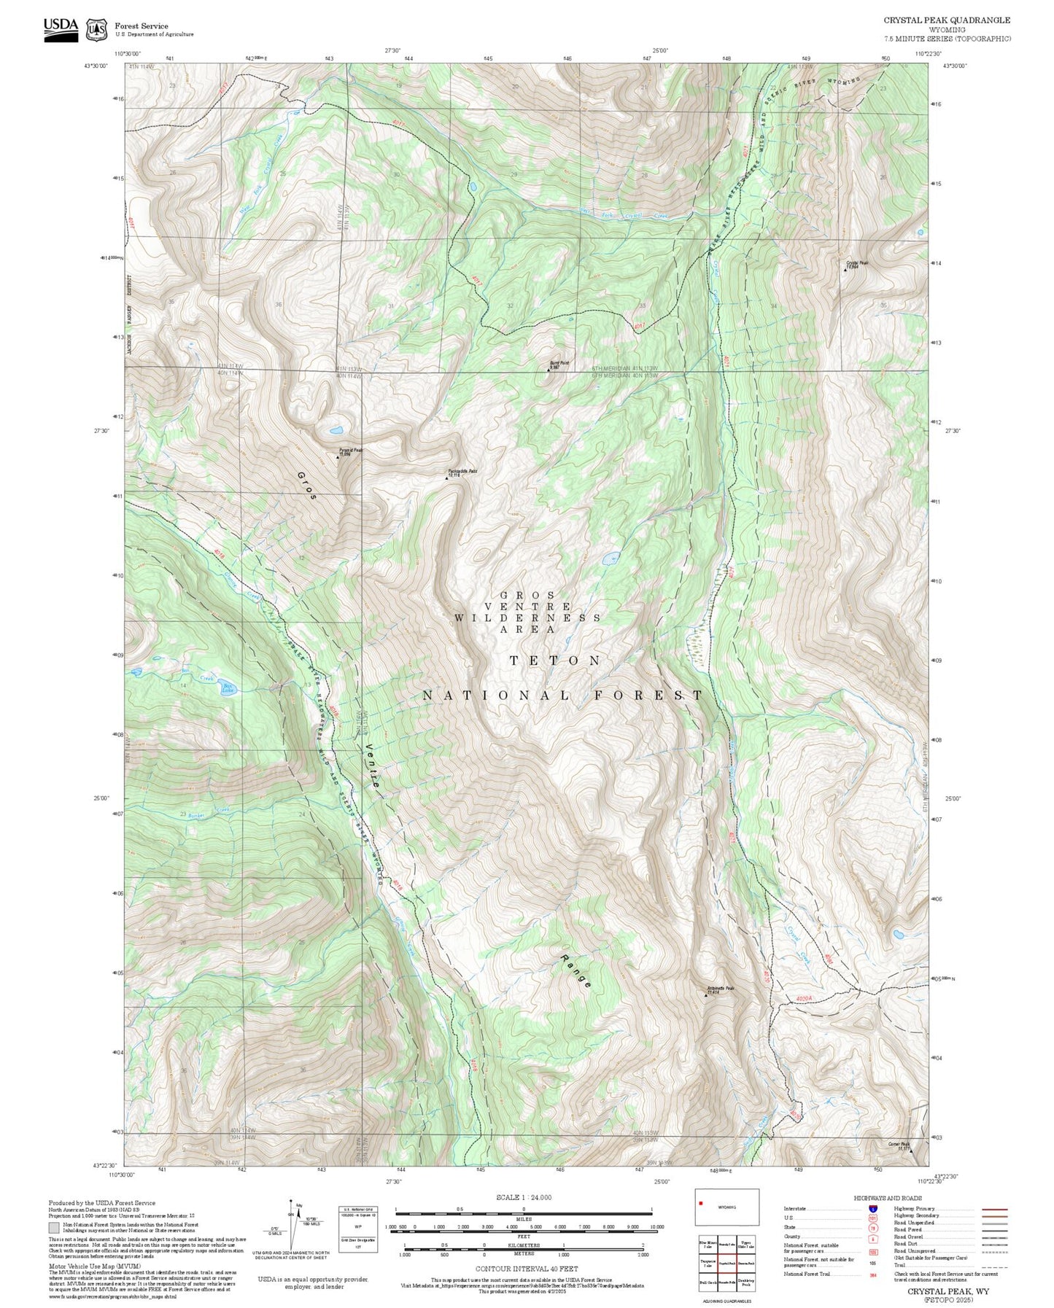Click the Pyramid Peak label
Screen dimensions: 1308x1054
(x=350, y=452)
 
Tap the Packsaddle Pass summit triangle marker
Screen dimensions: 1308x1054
(x=447, y=478)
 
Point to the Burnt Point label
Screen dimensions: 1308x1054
(x=559, y=363)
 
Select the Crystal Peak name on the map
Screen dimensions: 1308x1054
(x=857, y=263)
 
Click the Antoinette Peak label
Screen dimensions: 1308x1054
(x=721, y=989)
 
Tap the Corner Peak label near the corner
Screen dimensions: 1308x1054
(x=899, y=1145)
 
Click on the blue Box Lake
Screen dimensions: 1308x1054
(x=228, y=687)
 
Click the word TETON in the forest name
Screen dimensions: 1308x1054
(x=555, y=661)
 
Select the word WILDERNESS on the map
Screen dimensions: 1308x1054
(x=527, y=618)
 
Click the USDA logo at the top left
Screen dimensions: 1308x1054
(x=61, y=28)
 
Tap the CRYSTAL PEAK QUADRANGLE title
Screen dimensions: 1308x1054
(x=947, y=20)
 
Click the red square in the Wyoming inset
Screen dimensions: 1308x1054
(x=701, y=1203)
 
